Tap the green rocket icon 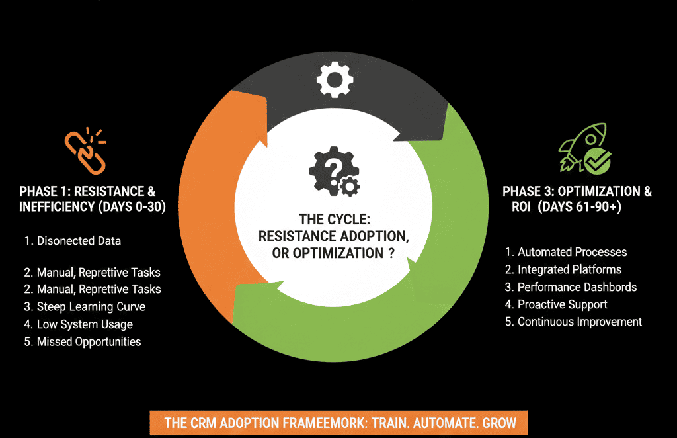574,147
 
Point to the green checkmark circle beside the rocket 598,159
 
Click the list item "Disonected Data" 73,241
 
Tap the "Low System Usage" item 79,324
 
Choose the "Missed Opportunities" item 83,341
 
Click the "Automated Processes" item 566,252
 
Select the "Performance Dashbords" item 571,287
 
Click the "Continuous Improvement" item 573,322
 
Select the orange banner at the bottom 338,422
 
